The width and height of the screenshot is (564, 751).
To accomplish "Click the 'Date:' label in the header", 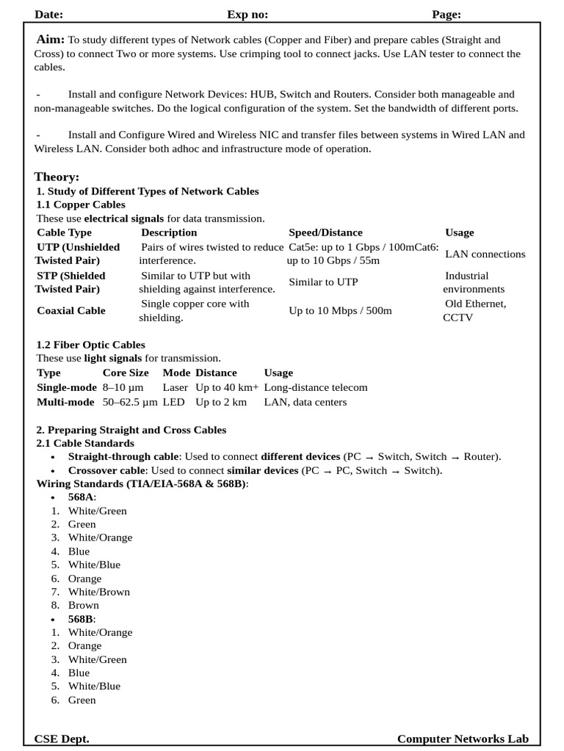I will click(48, 14).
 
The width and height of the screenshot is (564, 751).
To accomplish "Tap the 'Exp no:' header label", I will click(247, 14).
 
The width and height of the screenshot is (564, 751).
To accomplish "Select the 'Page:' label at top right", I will click(446, 14).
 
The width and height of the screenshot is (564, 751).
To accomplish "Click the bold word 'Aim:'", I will click(50, 40).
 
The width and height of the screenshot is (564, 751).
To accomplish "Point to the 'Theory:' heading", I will click(57, 177).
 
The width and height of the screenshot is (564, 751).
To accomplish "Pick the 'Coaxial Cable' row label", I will click(71, 310).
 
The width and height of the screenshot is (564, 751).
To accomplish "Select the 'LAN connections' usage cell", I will click(485, 254).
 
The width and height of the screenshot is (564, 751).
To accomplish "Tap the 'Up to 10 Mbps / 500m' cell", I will click(340, 310).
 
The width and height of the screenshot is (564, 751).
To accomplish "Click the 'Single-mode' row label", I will click(67, 387).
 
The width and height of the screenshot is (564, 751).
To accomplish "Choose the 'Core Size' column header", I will click(126, 373).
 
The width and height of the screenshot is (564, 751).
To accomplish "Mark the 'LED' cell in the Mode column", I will click(174, 402).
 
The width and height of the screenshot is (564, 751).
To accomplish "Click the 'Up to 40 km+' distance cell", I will click(227, 387).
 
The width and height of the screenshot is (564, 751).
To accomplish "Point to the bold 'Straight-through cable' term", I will click(123, 456).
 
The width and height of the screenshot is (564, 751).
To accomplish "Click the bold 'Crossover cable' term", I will click(107, 470).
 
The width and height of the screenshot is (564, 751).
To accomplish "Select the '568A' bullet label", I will click(81, 497).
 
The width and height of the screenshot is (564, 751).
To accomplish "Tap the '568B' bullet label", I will click(81, 619).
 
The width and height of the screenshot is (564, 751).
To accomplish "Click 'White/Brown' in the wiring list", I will click(98, 592).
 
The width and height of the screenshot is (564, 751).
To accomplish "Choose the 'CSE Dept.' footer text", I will click(62, 739).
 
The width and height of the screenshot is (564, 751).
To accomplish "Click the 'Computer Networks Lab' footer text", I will click(463, 739).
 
